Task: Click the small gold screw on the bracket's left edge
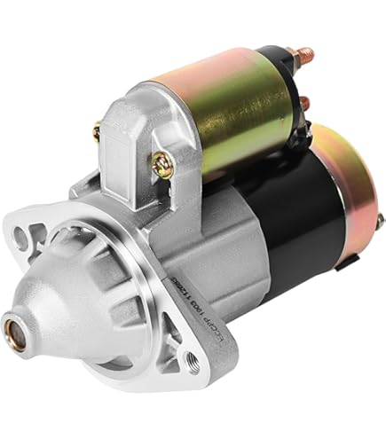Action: pyautogui.click(x=95, y=133)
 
